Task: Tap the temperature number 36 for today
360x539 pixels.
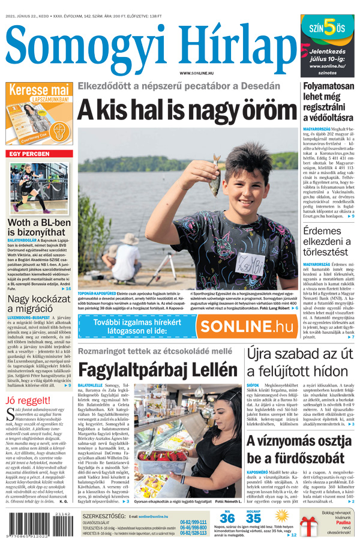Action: pyautogui.click(x=227, y=518)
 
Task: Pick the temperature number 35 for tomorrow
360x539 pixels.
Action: pyautogui.click(x=253, y=518)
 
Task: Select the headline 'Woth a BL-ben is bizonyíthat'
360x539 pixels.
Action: pyautogui.click(x=39, y=228)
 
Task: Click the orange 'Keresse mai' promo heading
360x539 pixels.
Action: pyautogui.click(x=38, y=91)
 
